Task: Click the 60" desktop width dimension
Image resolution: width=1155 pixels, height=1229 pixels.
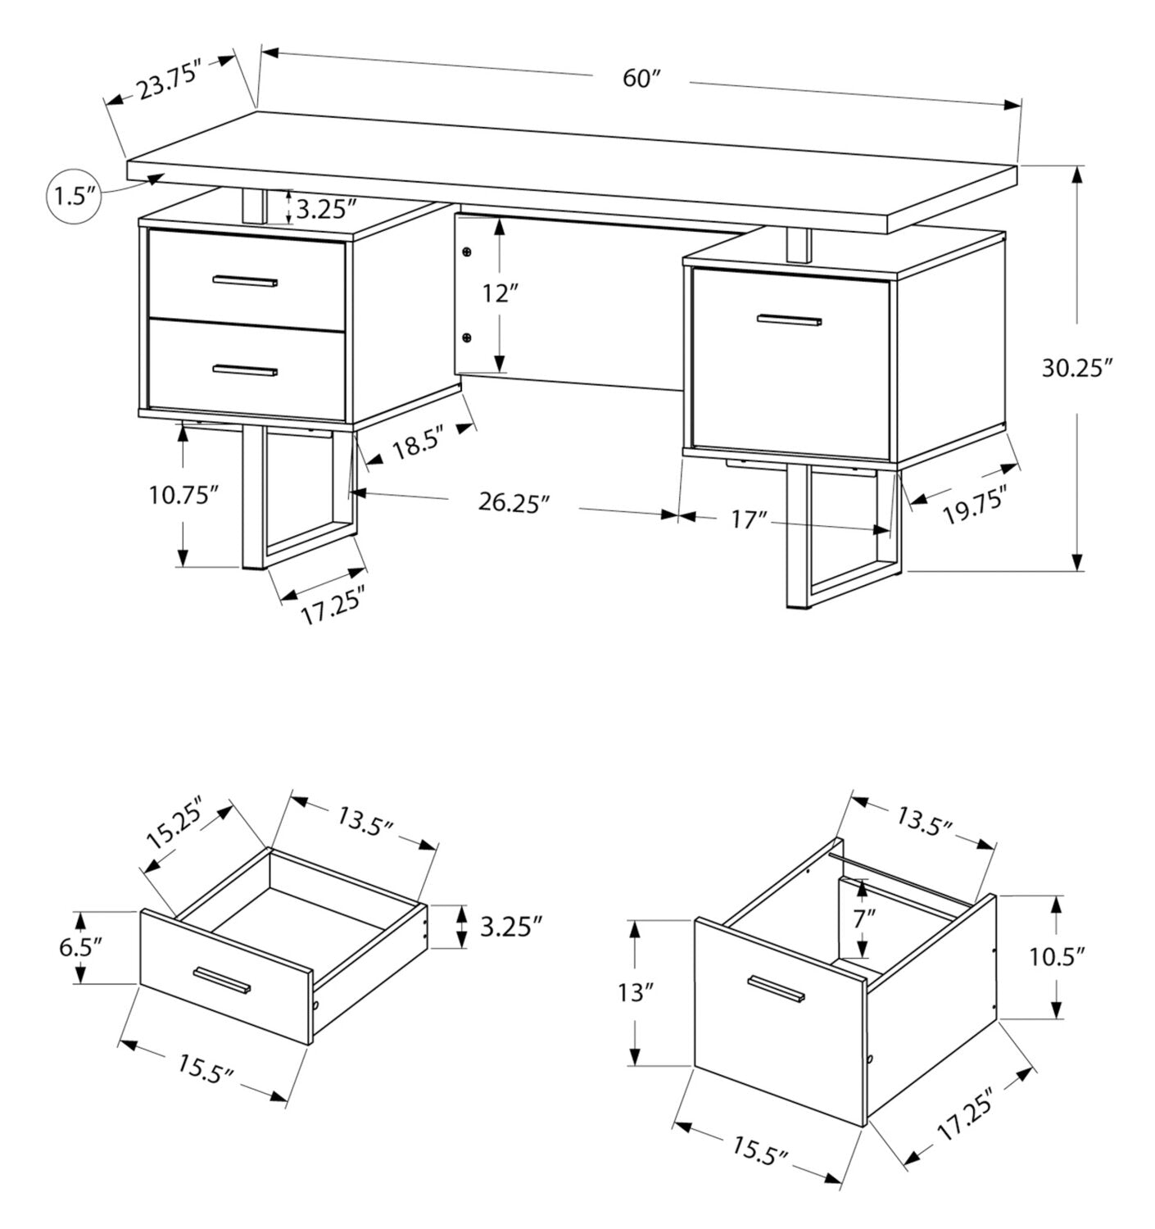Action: coord(641,79)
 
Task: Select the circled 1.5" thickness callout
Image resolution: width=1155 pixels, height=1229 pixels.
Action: coord(74,197)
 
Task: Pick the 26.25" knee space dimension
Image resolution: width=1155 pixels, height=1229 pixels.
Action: coord(513,502)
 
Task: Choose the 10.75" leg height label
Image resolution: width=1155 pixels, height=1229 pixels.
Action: coord(183,495)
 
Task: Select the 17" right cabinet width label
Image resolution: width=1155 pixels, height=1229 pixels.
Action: coord(750,519)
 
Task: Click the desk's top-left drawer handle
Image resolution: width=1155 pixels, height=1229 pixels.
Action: coord(245,281)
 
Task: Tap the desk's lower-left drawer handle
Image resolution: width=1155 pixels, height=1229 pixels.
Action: coord(245,370)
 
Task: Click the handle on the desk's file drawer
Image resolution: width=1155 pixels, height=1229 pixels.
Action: coord(790,320)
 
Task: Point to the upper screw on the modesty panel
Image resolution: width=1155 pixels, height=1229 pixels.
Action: coord(467,252)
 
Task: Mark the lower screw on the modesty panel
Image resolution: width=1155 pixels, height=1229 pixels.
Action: coord(467,337)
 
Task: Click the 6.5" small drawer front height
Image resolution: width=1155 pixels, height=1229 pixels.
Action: coord(80,947)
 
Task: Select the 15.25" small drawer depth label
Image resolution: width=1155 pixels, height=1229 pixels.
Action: coord(176,827)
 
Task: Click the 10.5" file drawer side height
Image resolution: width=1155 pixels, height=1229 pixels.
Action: coord(1057,957)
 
